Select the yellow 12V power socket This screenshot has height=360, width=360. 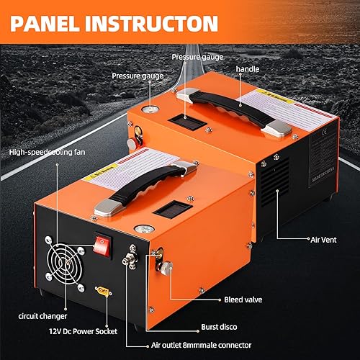pyautogui.click(x=102, y=290)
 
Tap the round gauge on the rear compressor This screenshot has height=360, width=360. pyautogui.click(x=150, y=109)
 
